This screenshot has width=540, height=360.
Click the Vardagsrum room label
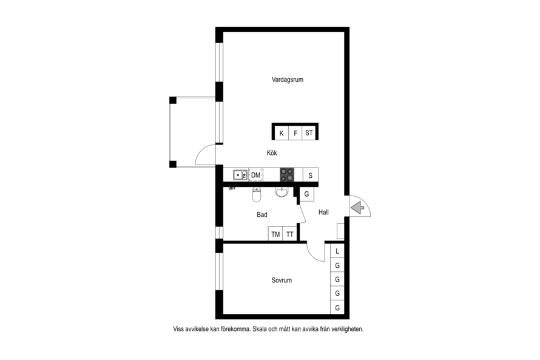coord(287,80)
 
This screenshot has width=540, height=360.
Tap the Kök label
coord(272,152)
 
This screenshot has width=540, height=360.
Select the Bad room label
coord(262,215)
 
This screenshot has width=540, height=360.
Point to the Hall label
coord(323,212)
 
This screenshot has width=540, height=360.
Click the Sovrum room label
coord(282,280)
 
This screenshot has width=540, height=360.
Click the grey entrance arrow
coord(358,208)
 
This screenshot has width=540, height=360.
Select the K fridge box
coord(282,133)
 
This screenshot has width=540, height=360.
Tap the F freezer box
coord(295,133)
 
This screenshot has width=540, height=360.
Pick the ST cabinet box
coord(309,133)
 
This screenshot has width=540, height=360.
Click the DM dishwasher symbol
coord(255,175)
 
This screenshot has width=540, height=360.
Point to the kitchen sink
coord(240,175)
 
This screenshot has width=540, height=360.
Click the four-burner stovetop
coord(287,175)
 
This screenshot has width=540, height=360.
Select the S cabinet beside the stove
coord(310,175)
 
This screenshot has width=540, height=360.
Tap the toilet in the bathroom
coord(257,195)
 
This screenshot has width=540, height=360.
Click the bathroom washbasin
coord(282,192)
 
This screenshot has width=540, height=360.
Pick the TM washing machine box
coord(275,234)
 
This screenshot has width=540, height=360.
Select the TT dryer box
coord(290,234)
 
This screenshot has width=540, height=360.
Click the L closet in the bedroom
coord(337,251)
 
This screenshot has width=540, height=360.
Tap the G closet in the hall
coord(306,194)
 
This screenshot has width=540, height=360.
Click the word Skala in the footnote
coord(259,329)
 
